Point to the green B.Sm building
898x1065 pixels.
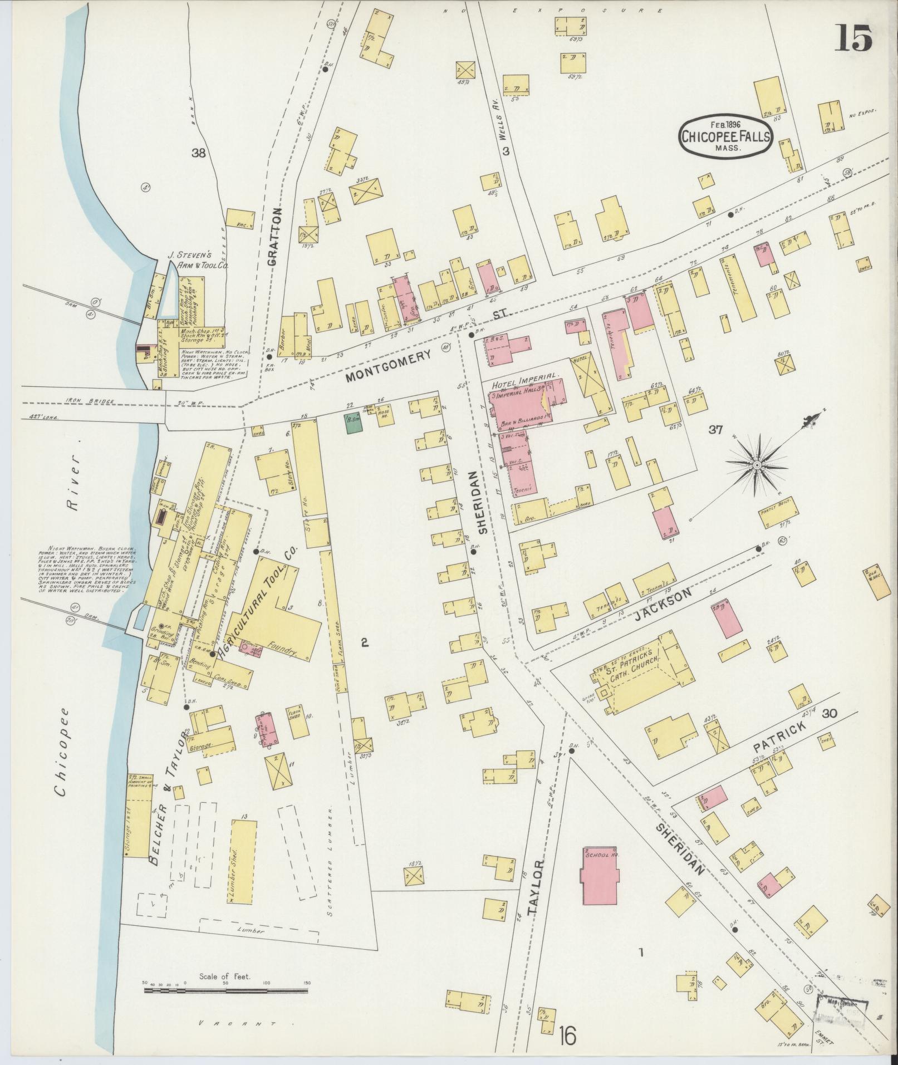pos(354,422)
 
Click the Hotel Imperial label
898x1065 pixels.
pos(524,385)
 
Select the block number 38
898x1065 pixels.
pos(198,153)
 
